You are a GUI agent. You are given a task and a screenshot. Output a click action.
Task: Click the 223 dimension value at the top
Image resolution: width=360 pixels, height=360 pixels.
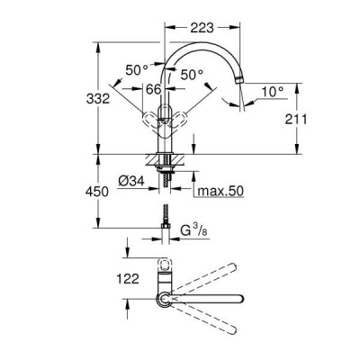pos(202,28)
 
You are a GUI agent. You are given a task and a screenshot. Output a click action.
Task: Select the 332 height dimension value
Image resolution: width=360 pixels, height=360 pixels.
pos(98,98)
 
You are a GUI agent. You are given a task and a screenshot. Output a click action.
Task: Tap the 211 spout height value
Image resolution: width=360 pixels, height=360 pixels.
pos(296,120)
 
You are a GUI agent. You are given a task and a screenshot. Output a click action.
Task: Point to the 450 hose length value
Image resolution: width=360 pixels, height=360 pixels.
pos(97,192)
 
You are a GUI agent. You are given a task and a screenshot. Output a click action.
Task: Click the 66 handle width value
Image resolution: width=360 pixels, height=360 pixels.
pos(154,89)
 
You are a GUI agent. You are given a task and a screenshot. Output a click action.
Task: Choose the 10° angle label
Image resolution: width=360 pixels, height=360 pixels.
pos(273,92)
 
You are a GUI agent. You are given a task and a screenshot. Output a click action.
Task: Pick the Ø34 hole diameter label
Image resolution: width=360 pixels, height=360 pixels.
pos(131,181)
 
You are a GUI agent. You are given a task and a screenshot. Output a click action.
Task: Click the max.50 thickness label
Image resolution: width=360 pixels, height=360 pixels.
pos(221,191)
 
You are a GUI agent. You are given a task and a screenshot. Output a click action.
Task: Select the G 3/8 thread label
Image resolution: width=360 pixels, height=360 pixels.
pos(193,230)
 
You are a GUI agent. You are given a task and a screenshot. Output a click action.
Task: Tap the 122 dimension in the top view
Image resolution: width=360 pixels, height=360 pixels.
pos(128,279)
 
